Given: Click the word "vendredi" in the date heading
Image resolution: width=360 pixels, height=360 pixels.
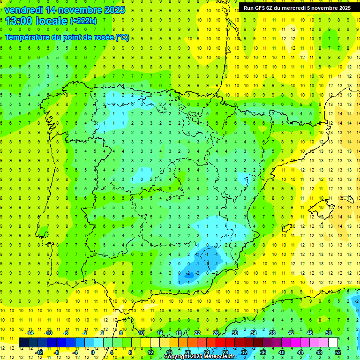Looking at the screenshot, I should [23, 10].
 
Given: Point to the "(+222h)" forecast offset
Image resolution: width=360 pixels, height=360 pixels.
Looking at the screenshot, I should [83, 21].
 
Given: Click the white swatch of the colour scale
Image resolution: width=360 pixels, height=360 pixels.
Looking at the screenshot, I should [333, 343].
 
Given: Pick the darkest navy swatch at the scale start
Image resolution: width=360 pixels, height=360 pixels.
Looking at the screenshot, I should [23, 343].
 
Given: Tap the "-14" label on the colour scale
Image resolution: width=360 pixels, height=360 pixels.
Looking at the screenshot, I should [30, 333].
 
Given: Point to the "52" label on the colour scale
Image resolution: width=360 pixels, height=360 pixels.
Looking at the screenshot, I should [338, 352].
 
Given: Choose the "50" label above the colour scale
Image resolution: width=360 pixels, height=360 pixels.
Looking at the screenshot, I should [329, 333].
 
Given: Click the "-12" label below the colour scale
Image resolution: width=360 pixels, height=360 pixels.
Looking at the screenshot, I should [39, 352].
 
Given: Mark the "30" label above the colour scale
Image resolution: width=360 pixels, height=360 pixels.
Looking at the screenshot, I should [234, 333].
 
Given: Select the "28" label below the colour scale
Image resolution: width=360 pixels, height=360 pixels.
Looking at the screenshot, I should [225, 352].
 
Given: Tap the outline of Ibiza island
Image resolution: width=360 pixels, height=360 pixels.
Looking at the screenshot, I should [286, 228].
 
